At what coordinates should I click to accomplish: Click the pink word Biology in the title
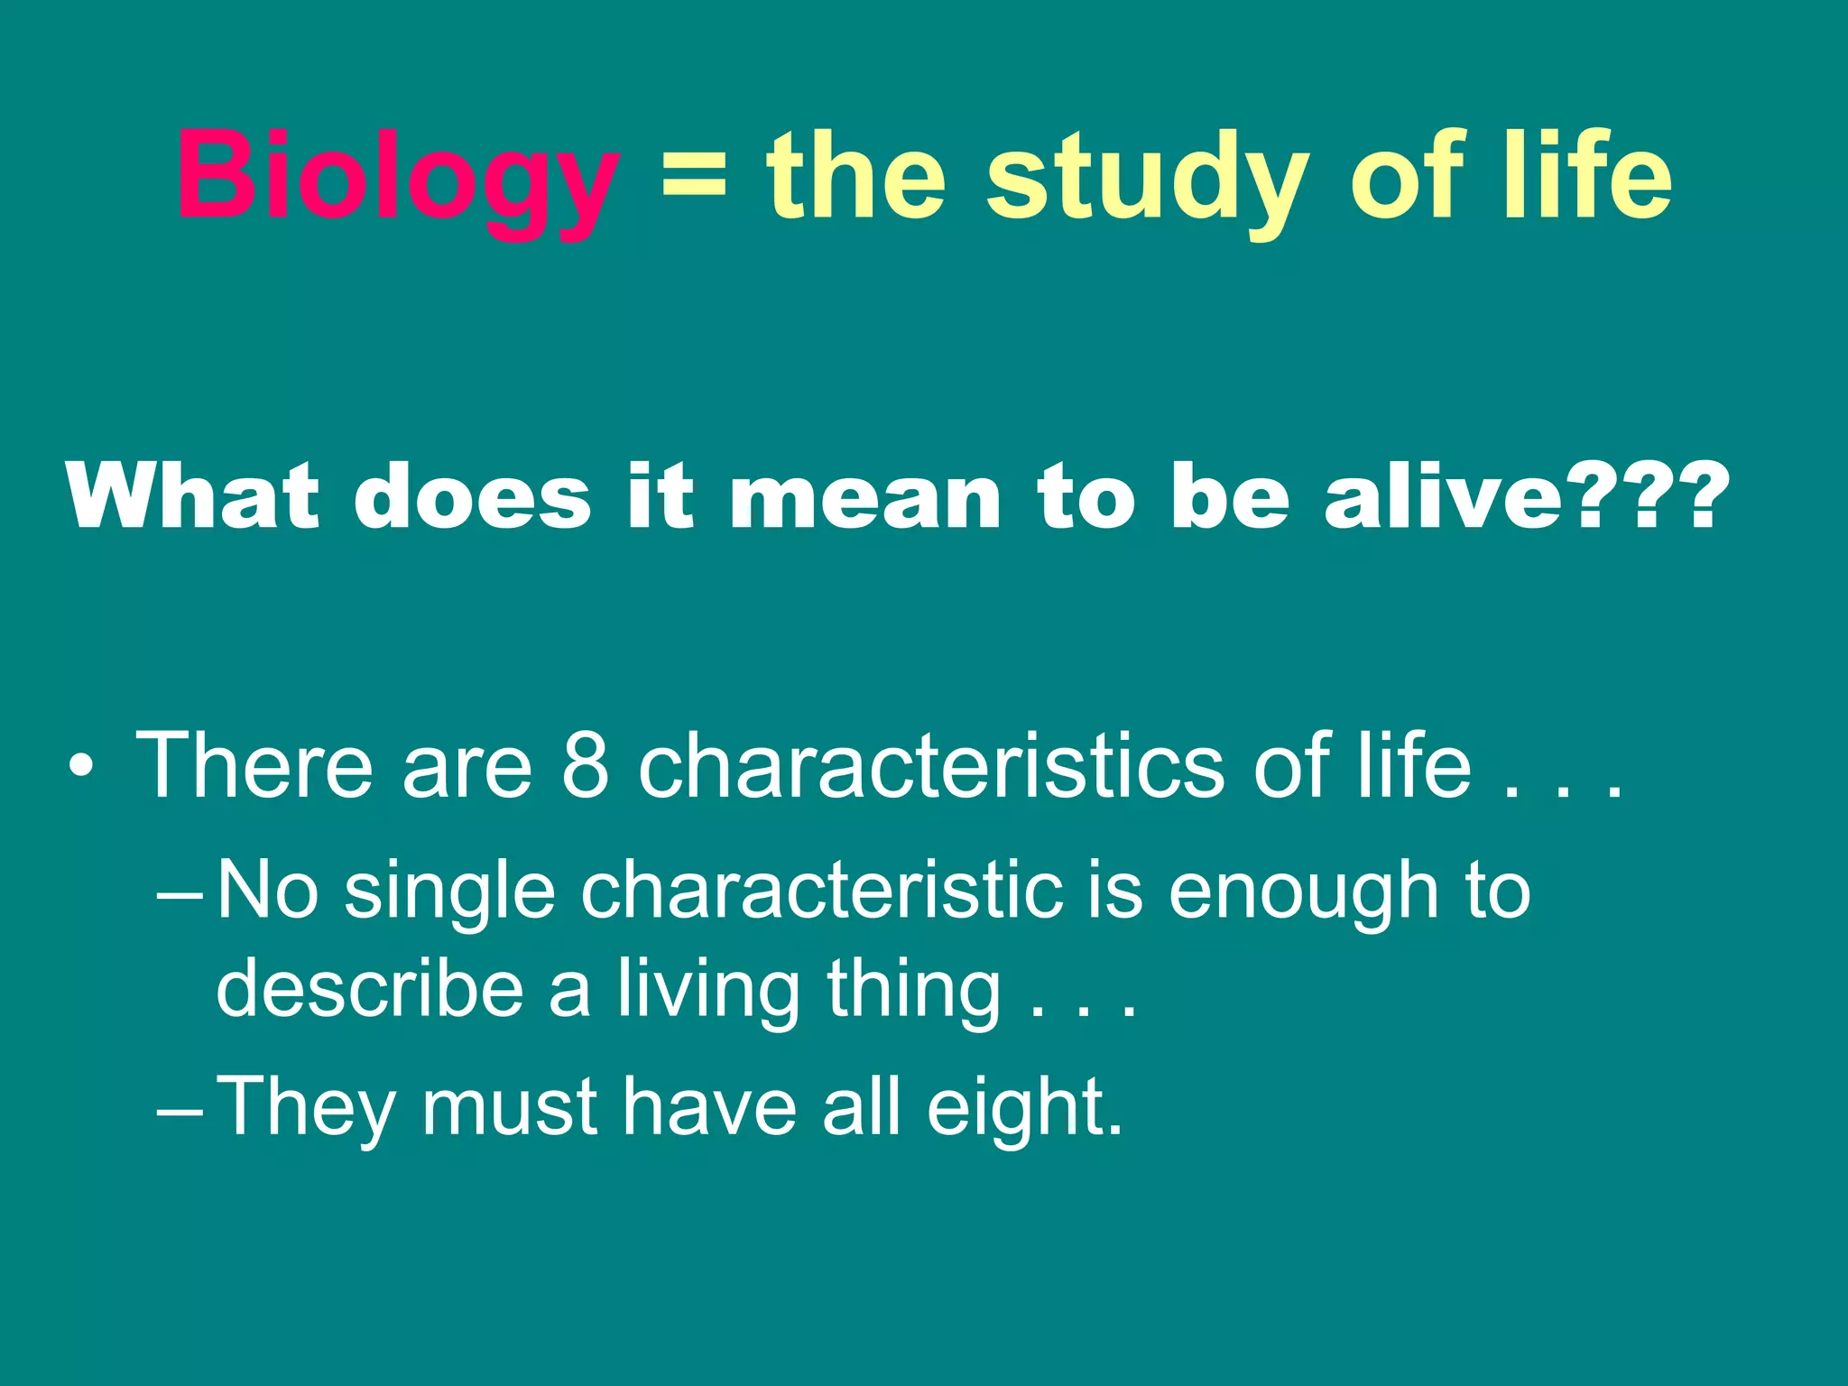[x=398, y=176]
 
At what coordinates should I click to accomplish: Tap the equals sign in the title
[x=693, y=176]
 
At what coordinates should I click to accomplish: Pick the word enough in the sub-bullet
[x=1303, y=893]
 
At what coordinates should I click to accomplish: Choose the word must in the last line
[x=509, y=1108]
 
